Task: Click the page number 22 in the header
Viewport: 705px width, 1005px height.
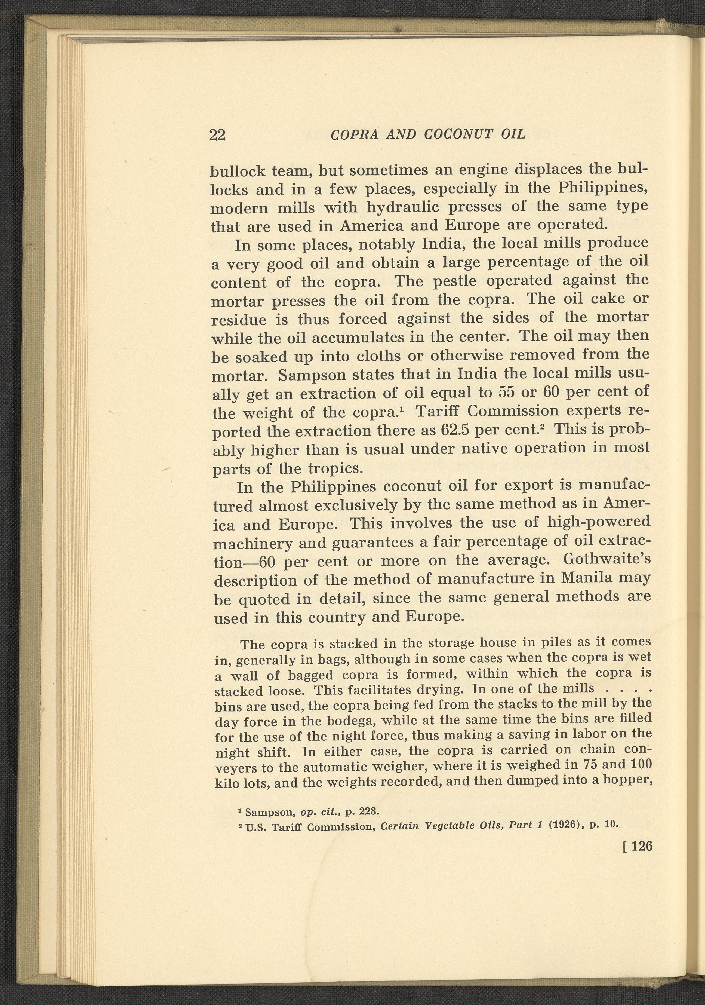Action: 217,135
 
